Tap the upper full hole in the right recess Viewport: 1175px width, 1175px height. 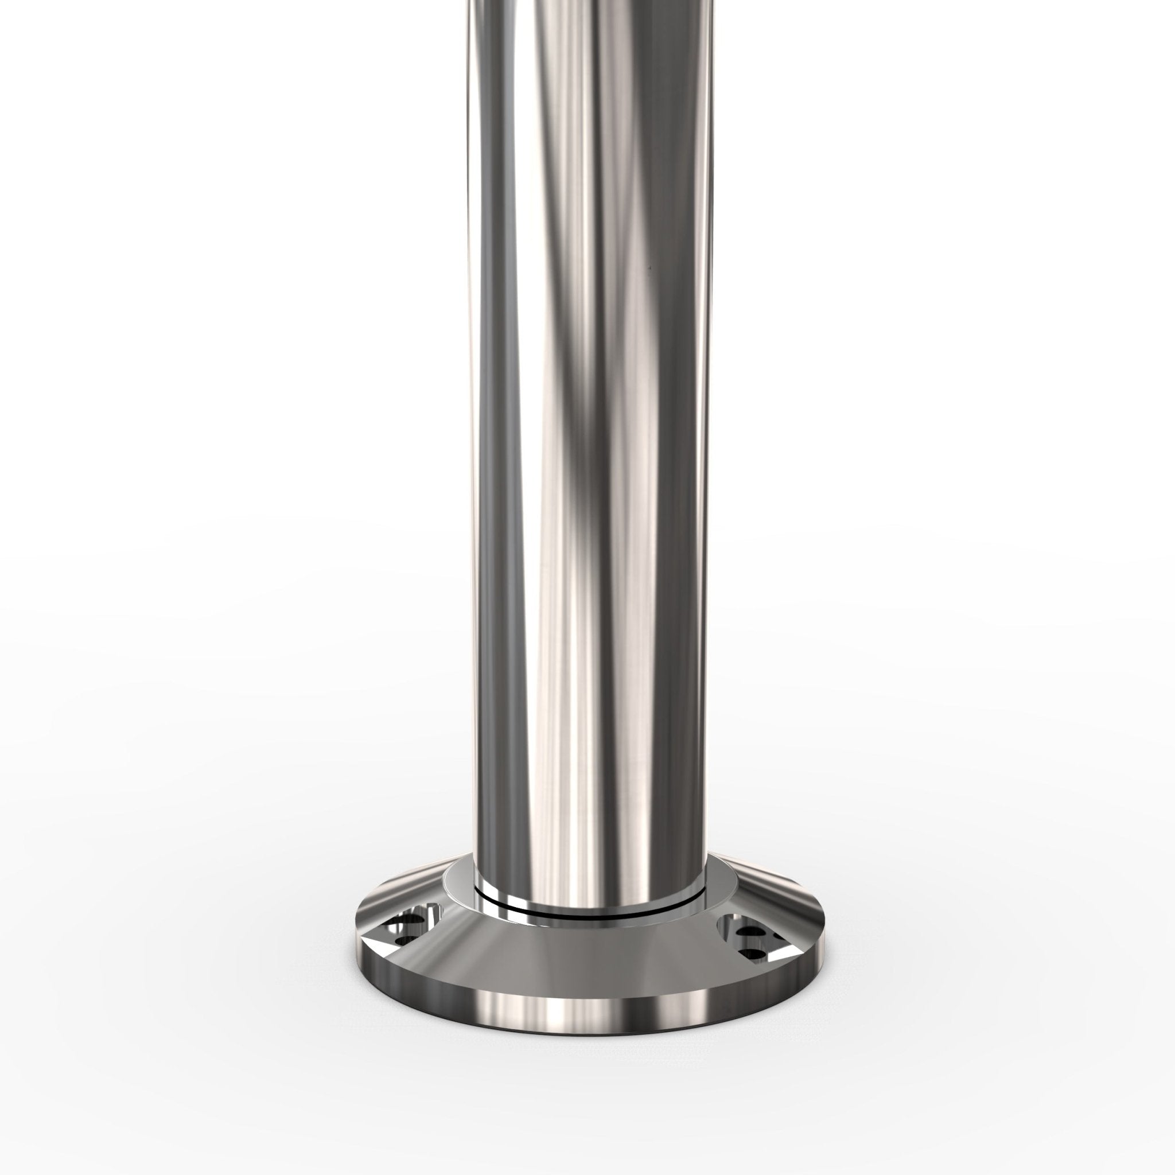[x=751, y=932]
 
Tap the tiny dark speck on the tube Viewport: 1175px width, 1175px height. [x=649, y=266]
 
